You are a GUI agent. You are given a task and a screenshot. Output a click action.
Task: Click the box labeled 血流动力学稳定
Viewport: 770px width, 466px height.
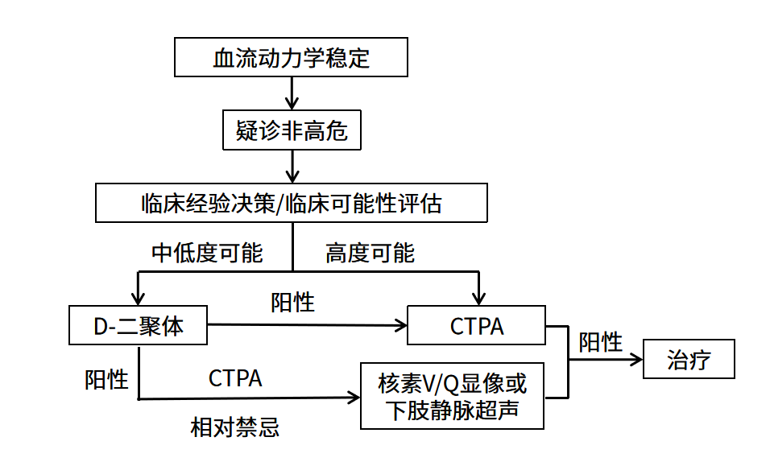pos(291,58)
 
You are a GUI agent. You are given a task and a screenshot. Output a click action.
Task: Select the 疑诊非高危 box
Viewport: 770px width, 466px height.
pos(291,130)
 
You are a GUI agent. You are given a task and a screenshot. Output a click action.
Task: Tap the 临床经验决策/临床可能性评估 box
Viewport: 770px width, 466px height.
pos(291,203)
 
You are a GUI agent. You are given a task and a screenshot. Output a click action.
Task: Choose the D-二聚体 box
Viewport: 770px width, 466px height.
pos(139,326)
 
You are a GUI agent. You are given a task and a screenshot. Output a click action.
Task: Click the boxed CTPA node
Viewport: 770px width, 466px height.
pos(477,326)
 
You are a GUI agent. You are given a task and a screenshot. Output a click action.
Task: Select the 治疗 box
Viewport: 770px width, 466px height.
pos(689,359)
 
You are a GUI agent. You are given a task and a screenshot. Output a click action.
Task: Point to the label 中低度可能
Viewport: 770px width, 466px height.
pos(208,253)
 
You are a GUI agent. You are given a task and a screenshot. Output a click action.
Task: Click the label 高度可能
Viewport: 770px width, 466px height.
pos(370,254)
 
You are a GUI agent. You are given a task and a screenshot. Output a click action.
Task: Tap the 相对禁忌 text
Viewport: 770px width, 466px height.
pos(235,427)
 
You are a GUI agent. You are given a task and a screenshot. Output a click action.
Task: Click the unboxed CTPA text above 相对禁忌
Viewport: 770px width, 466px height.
pos(235,378)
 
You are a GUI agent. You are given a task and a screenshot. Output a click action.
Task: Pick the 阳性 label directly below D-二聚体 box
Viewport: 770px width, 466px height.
pos(106,379)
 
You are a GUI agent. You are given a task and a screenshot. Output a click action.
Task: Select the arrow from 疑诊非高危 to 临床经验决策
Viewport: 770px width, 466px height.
pos(292,167)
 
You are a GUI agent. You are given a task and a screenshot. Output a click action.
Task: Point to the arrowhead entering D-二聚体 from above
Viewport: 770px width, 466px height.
pos(139,299)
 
